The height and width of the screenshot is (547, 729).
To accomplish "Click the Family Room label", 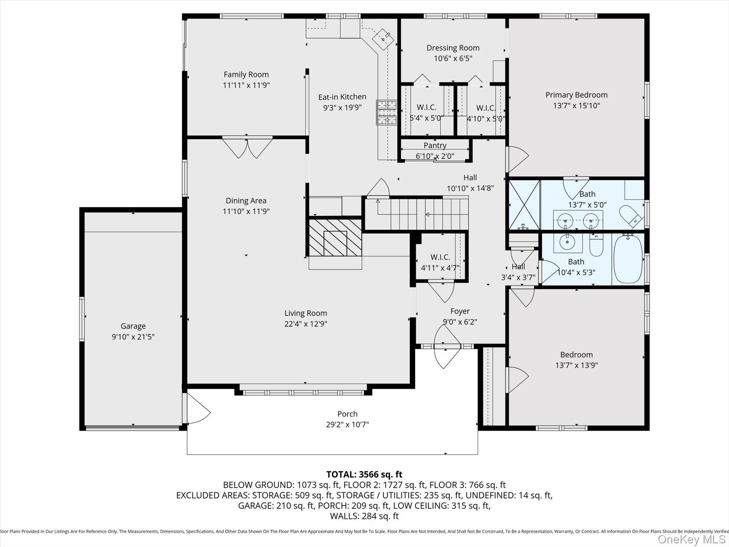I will [246, 75].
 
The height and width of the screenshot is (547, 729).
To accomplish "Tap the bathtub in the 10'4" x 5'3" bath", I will [628, 259].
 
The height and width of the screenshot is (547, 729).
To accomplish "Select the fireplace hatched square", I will [335, 238].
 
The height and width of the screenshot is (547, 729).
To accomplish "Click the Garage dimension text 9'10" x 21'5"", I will [133, 337].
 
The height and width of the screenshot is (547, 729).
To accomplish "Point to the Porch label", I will [347, 414].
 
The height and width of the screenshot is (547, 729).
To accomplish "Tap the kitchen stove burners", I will [386, 112].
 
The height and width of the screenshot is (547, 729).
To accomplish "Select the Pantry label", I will [435, 145].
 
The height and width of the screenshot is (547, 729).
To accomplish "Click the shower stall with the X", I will [524, 205].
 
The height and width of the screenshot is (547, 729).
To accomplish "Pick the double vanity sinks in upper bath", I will [578, 221].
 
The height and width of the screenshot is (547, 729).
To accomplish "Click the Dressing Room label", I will [453, 48].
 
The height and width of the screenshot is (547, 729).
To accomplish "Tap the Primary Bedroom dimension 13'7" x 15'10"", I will [576, 106].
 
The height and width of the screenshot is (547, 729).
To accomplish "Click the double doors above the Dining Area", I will [247, 148].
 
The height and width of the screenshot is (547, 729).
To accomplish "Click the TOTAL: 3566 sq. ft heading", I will [364, 474].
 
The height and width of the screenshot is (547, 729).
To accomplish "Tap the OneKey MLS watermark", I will [691, 539].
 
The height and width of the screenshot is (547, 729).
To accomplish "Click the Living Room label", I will [305, 313].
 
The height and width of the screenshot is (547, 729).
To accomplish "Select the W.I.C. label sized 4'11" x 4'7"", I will [440, 257].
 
